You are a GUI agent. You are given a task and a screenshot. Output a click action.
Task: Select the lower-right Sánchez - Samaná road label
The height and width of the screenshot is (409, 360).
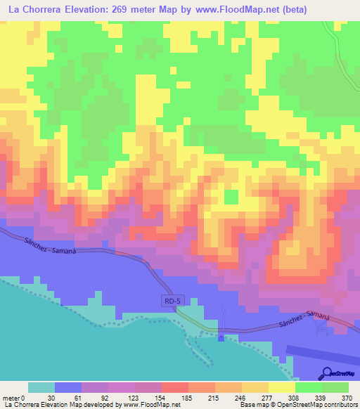tap(303, 322)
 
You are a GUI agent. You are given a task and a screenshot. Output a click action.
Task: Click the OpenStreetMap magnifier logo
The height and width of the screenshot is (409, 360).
tap(327, 373)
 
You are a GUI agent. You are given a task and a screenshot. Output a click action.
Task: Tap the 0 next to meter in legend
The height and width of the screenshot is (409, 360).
tap(22, 398)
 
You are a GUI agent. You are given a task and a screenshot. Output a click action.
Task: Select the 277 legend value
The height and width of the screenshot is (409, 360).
tap(256, 398)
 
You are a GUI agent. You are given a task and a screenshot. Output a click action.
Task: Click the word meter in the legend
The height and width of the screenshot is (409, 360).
tap(11, 398)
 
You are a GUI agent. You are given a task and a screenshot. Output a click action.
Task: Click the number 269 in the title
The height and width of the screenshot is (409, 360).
tap(153, 10)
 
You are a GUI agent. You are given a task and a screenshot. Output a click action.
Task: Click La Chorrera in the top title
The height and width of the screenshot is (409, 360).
tap(34, 10)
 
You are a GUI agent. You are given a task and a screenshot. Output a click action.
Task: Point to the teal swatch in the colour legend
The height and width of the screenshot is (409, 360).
tap(41, 387)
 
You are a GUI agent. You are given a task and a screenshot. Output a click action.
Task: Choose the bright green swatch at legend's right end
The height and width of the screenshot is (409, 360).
tap(335, 387)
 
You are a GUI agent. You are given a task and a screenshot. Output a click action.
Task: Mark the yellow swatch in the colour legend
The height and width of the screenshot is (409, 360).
tap(282, 387)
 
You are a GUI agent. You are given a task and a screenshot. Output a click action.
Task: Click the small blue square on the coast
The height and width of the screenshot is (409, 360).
tap(221, 338)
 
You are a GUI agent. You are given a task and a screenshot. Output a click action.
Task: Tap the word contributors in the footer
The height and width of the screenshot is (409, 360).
tap(335, 405)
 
